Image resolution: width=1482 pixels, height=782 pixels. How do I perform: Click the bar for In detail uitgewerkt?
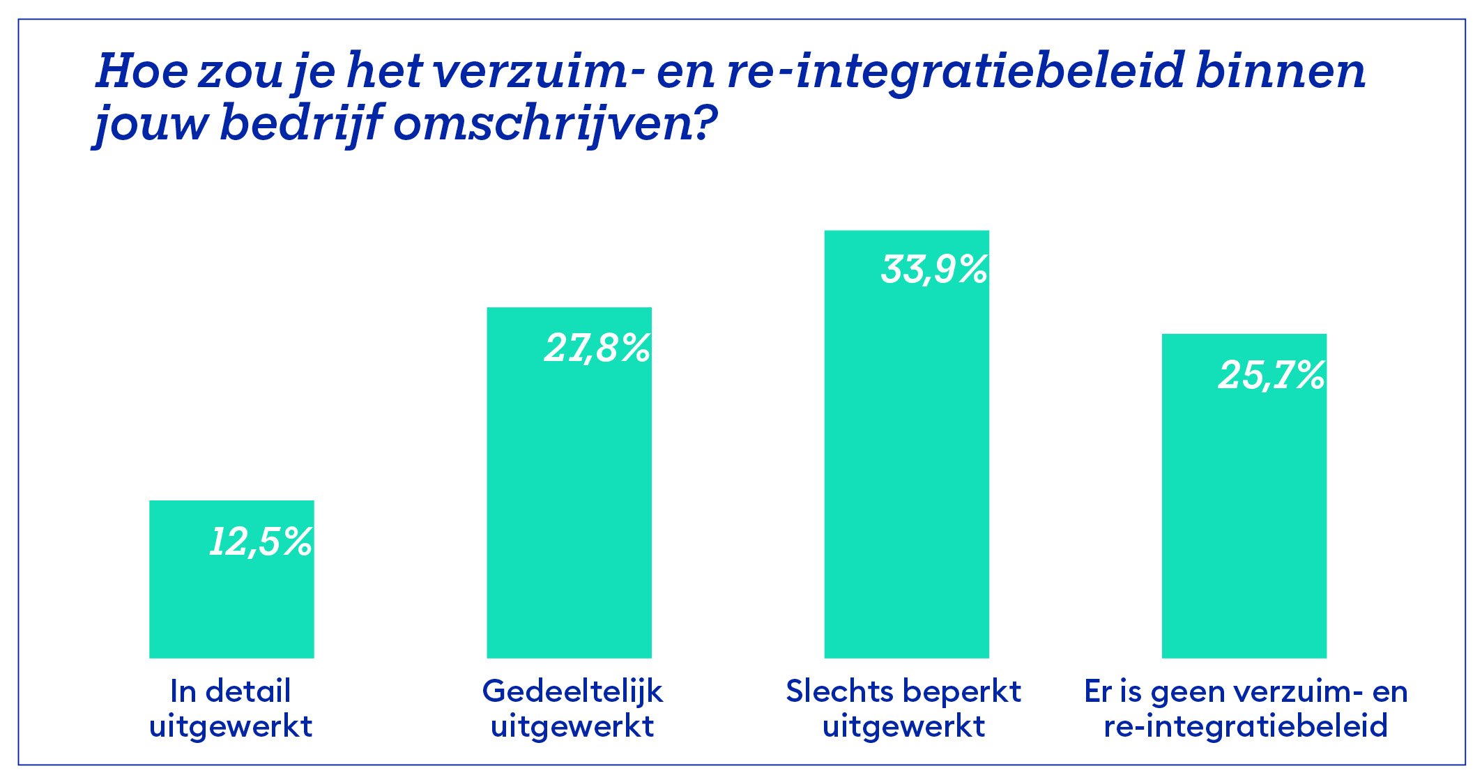231,599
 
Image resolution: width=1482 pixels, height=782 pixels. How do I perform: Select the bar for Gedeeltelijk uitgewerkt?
569,502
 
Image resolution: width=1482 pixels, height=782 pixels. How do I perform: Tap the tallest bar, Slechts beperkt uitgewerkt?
906,460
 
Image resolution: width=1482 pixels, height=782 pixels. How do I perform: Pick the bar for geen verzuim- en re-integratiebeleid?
1244,516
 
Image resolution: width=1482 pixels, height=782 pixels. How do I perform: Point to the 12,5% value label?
261,542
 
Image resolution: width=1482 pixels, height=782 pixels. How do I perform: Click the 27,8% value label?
597,348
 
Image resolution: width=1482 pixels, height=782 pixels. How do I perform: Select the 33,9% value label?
934,270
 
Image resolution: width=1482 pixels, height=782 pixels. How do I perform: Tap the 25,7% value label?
1271,376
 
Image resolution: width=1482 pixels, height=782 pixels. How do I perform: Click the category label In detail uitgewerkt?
231,708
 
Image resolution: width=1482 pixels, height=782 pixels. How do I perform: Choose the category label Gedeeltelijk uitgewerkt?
572,708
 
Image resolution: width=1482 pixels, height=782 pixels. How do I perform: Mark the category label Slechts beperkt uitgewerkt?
903,708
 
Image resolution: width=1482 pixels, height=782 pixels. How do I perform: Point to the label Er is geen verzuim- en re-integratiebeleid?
1246,708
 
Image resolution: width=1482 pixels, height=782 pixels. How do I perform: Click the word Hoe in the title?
142,71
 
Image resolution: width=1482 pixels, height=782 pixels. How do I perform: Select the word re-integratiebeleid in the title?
955,72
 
